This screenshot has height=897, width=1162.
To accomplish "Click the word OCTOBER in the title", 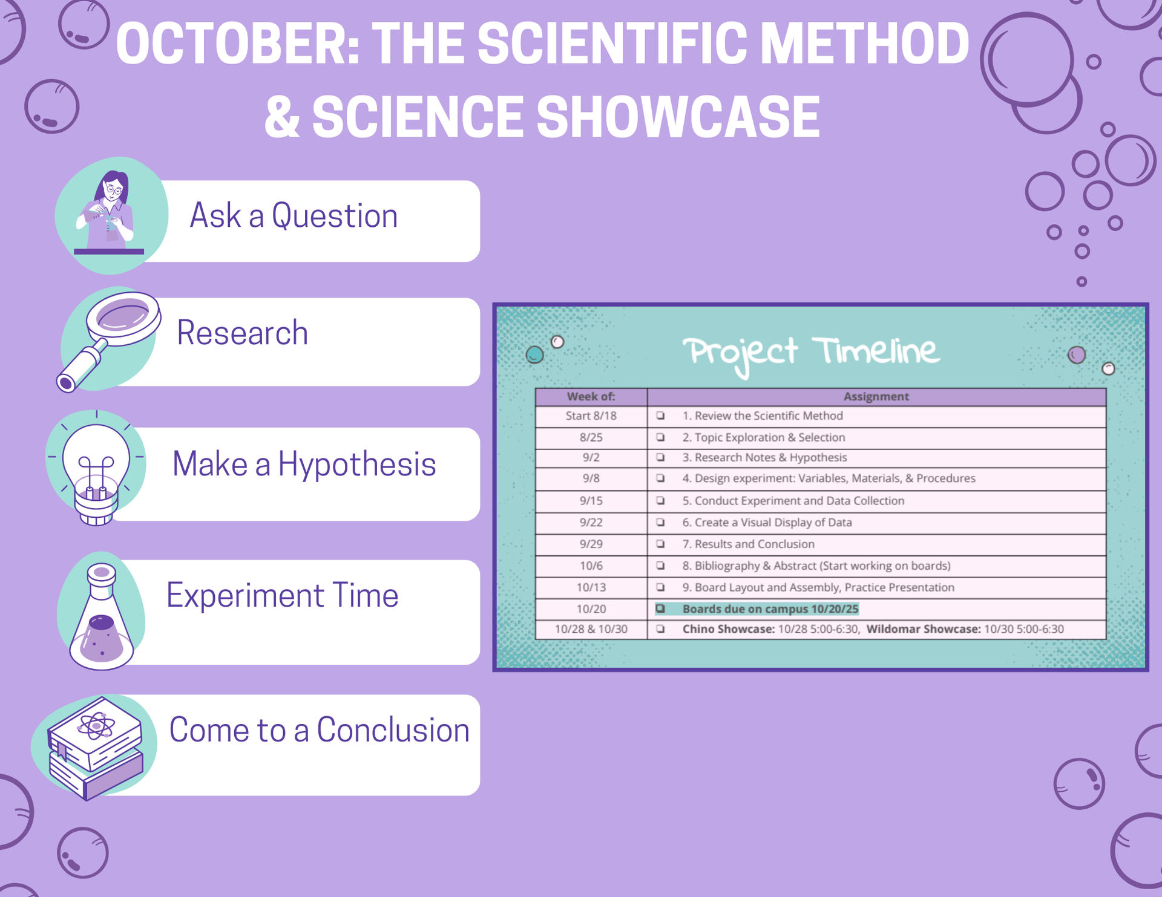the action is [x=237, y=43].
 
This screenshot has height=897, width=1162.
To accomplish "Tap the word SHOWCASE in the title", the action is [x=678, y=117].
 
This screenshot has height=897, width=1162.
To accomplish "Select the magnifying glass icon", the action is [x=108, y=341].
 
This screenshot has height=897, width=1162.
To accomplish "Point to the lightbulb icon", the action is [x=96, y=469].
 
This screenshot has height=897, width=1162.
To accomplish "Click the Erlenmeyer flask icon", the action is [x=102, y=616].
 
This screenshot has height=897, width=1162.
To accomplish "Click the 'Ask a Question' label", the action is [x=294, y=216].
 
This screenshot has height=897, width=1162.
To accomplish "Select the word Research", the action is [x=242, y=333].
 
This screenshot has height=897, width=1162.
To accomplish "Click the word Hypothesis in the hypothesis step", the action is [x=356, y=465].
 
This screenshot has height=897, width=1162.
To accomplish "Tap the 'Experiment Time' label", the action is [x=282, y=595].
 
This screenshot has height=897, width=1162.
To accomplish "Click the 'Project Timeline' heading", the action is [x=812, y=353].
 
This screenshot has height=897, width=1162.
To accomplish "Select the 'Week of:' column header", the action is [x=591, y=397].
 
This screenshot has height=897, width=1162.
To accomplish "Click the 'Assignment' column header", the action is [x=876, y=397].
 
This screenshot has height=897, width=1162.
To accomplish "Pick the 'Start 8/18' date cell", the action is [x=591, y=416].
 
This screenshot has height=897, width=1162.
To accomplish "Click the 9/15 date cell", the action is [x=591, y=501].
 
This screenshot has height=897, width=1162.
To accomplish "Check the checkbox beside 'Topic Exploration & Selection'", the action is [x=660, y=437].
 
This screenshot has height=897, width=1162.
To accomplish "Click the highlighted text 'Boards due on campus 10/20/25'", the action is [x=770, y=609].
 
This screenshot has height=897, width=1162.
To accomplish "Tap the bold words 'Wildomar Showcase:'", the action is [x=924, y=629].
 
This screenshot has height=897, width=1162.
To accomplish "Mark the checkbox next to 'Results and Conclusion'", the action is [x=660, y=544].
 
